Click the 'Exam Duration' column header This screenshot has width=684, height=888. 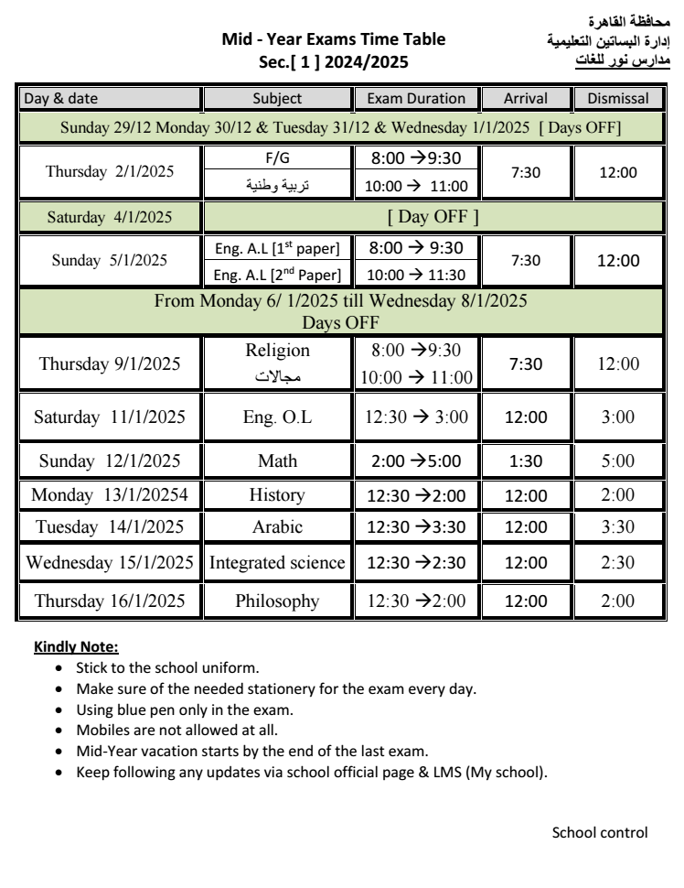[416, 98]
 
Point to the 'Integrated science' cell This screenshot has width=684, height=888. [277, 563]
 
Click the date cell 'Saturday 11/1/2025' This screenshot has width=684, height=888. [110, 417]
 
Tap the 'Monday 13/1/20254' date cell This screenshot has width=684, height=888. [110, 495]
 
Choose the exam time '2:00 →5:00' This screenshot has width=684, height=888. [416, 460]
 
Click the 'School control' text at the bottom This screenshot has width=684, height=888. [600, 832]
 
